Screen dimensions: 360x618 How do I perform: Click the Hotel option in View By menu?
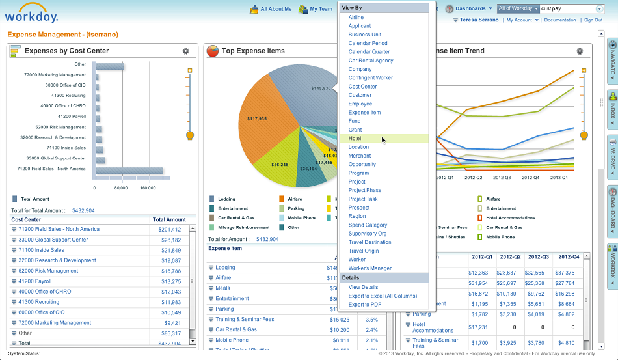[x=355, y=139]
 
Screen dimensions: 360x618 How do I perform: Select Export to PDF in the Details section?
[x=364, y=305]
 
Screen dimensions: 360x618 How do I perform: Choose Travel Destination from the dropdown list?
[x=369, y=242]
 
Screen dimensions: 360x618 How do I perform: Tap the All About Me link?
[x=276, y=9]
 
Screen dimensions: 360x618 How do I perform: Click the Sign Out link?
[x=593, y=20]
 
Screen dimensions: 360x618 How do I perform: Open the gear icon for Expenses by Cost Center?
[x=186, y=51]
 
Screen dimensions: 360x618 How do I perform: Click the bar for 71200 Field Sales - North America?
[x=129, y=171]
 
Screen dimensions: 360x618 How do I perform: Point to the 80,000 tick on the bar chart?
[x=121, y=187]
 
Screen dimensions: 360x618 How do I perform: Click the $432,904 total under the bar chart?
[x=83, y=210]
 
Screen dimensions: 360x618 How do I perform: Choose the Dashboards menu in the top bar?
[x=470, y=8]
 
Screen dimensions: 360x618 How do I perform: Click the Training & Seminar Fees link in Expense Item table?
[x=245, y=320]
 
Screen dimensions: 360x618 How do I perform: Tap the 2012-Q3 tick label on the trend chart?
[x=502, y=177]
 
